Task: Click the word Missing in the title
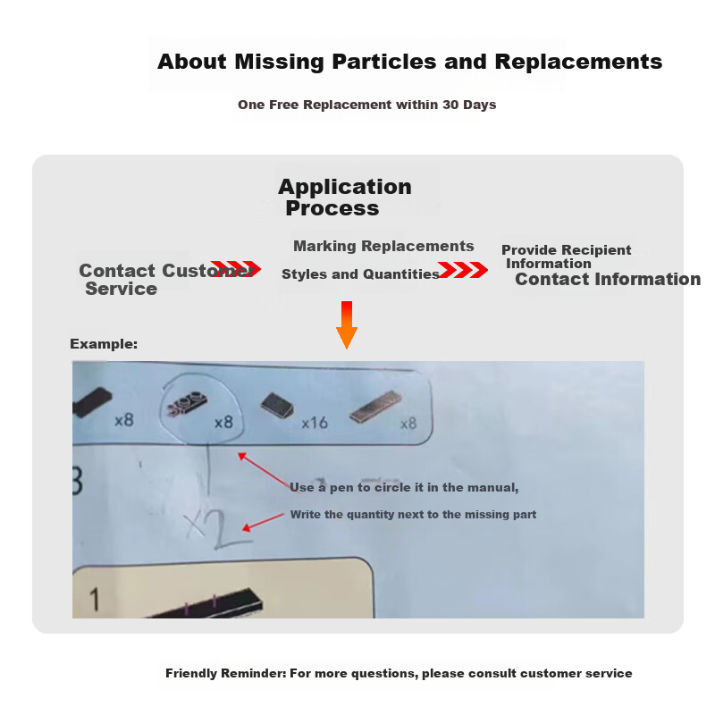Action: pos(280,62)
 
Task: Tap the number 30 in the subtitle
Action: pos(450,105)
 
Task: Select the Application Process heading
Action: pos(345,197)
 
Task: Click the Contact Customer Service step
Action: pos(166,279)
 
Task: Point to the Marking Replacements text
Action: pos(383,247)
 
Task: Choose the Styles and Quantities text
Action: pos(360,274)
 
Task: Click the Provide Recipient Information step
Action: pos(566,257)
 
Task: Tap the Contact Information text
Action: pos(608,279)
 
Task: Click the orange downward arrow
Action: pos(347,324)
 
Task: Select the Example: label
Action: pos(104,344)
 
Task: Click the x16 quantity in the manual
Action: pos(315,423)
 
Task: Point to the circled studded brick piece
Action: pos(187,403)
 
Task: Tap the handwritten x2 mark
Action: pos(218,528)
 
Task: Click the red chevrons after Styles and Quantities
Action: pos(463,270)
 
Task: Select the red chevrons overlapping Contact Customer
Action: pos(236,268)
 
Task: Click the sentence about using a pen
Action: pos(404,487)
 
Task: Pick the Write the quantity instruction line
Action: pos(413,515)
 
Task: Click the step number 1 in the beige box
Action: pos(95,599)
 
